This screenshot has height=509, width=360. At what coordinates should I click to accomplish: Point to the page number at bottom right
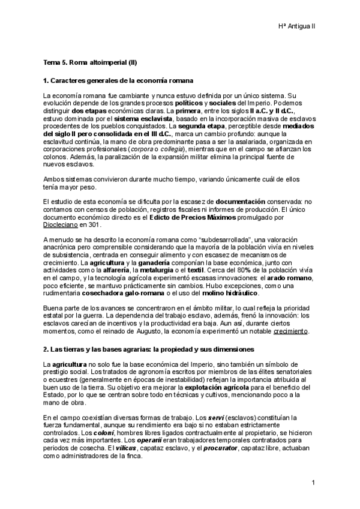(313, 483)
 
